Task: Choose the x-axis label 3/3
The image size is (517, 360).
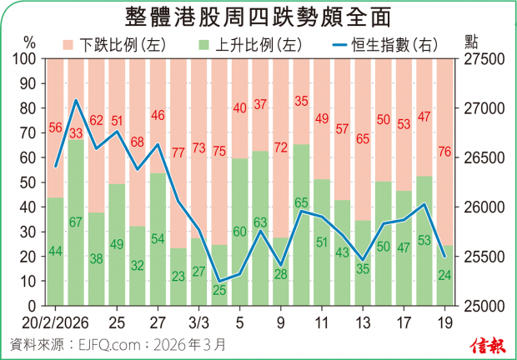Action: (x=198, y=322)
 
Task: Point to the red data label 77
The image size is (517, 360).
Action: (x=178, y=152)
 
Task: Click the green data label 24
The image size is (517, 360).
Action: (x=446, y=274)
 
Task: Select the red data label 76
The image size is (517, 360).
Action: (x=446, y=151)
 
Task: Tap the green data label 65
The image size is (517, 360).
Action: (x=302, y=202)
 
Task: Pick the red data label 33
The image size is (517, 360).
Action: (x=75, y=132)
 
